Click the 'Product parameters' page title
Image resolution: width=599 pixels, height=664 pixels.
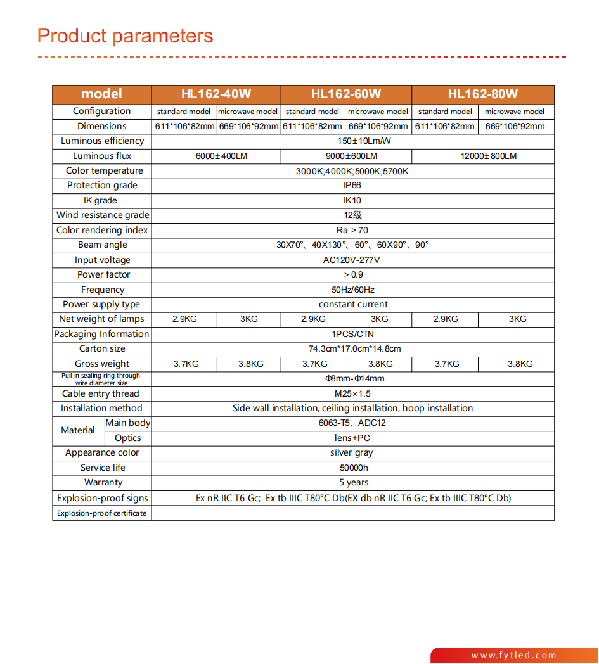click(126, 36)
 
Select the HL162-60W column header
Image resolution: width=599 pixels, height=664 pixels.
click(346, 94)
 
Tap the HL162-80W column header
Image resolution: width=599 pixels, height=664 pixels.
click(483, 94)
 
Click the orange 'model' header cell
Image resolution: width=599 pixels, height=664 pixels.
click(101, 94)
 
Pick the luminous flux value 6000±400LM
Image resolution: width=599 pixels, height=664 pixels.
click(216, 156)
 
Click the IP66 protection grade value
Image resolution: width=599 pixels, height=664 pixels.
click(352, 186)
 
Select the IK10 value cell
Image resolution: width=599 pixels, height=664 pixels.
click(352, 201)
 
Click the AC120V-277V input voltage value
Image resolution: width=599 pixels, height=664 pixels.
click(352, 260)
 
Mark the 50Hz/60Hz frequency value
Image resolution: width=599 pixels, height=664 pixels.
click(352, 290)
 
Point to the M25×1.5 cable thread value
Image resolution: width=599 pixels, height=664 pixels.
click(352, 393)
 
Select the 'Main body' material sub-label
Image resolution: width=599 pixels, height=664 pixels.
click(127, 423)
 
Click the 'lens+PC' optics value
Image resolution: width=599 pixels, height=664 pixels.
click(352, 438)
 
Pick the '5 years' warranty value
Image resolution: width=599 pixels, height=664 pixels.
click(353, 482)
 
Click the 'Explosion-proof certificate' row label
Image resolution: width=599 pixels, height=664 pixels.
click(102, 513)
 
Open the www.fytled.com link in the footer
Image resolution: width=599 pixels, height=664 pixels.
click(513, 656)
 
